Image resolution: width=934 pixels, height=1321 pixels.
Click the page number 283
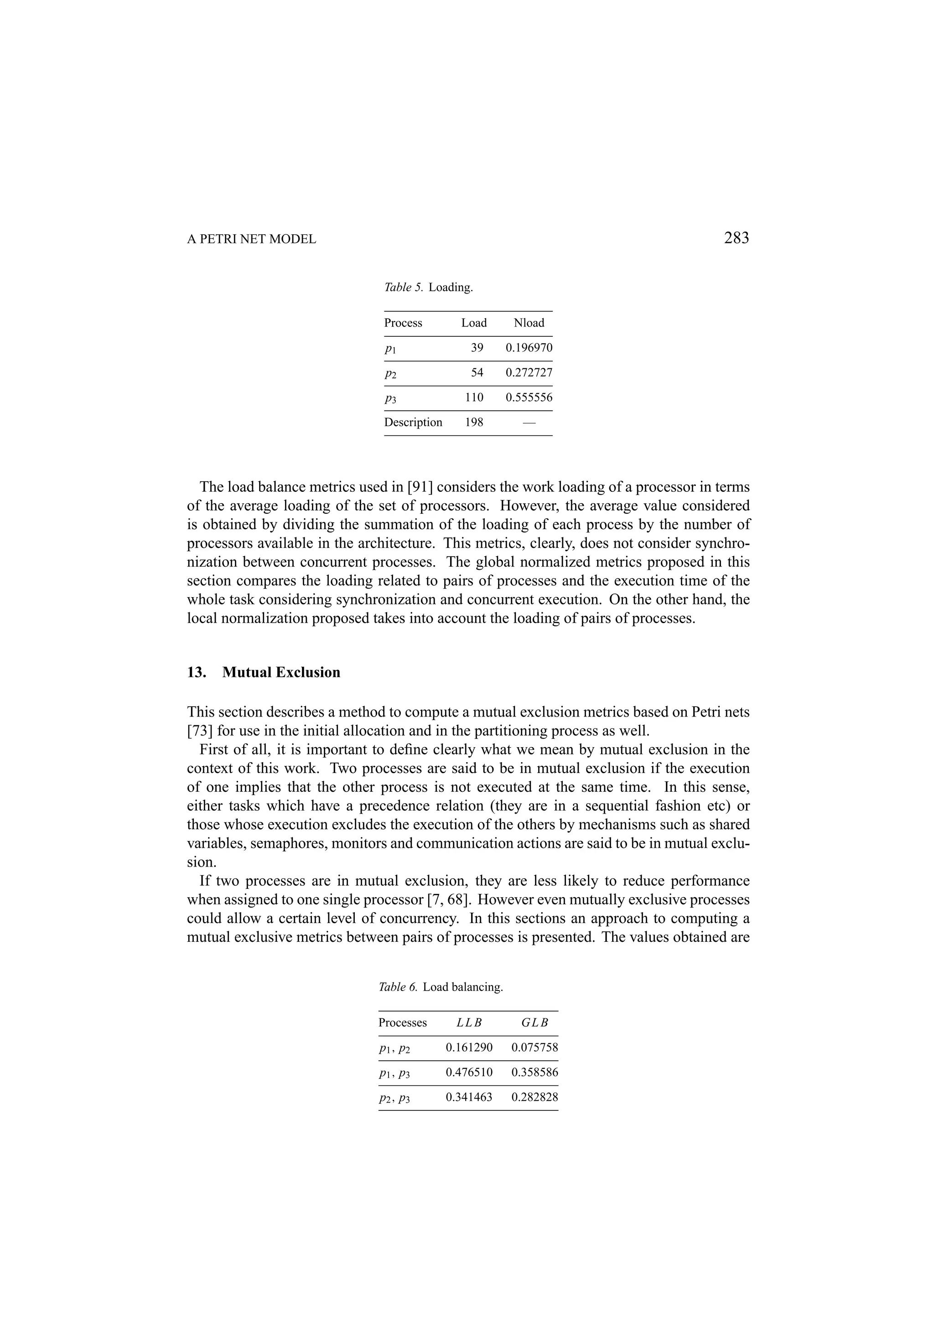tap(736, 237)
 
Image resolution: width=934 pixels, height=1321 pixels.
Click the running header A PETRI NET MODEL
tap(251, 239)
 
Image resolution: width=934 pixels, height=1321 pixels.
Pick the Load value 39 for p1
tap(477, 347)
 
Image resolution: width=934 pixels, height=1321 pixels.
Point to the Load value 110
tap(474, 397)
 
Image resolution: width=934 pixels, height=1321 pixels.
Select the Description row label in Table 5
tap(413, 422)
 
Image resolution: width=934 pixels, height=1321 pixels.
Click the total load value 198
tap(474, 422)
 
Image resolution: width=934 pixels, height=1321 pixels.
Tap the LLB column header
tap(468, 1023)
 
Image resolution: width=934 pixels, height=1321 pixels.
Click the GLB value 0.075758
tap(534, 1047)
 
